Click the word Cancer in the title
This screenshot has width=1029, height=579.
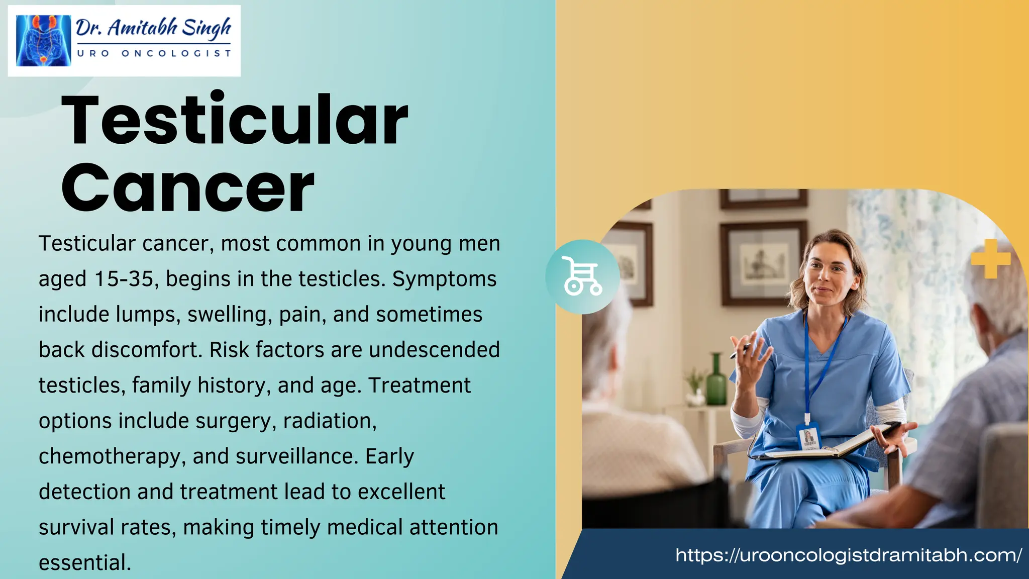pyautogui.click(x=187, y=188)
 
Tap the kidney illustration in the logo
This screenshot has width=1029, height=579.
pyautogui.click(x=43, y=41)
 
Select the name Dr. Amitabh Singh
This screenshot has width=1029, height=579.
pyautogui.click(x=153, y=28)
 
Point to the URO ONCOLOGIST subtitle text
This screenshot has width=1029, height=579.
pyautogui.click(x=153, y=53)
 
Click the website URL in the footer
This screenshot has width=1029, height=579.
pyautogui.click(x=848, y=555)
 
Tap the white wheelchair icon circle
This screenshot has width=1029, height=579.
pyautogui.click(x=582, y=277)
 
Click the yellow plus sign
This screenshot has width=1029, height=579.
pyautogui.click(x=990, y=259)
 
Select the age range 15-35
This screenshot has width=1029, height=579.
pyautogui.click(x=124, y=279)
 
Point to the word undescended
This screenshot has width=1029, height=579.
pyautogui.click(x=434, y=350)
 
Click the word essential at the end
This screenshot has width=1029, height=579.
pyautogui.click(x=84, y=562)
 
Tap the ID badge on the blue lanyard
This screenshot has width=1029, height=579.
pyautogui.click(x=808, y=436)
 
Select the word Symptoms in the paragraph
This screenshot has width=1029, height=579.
pyautogui.click(x=444, y=279)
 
